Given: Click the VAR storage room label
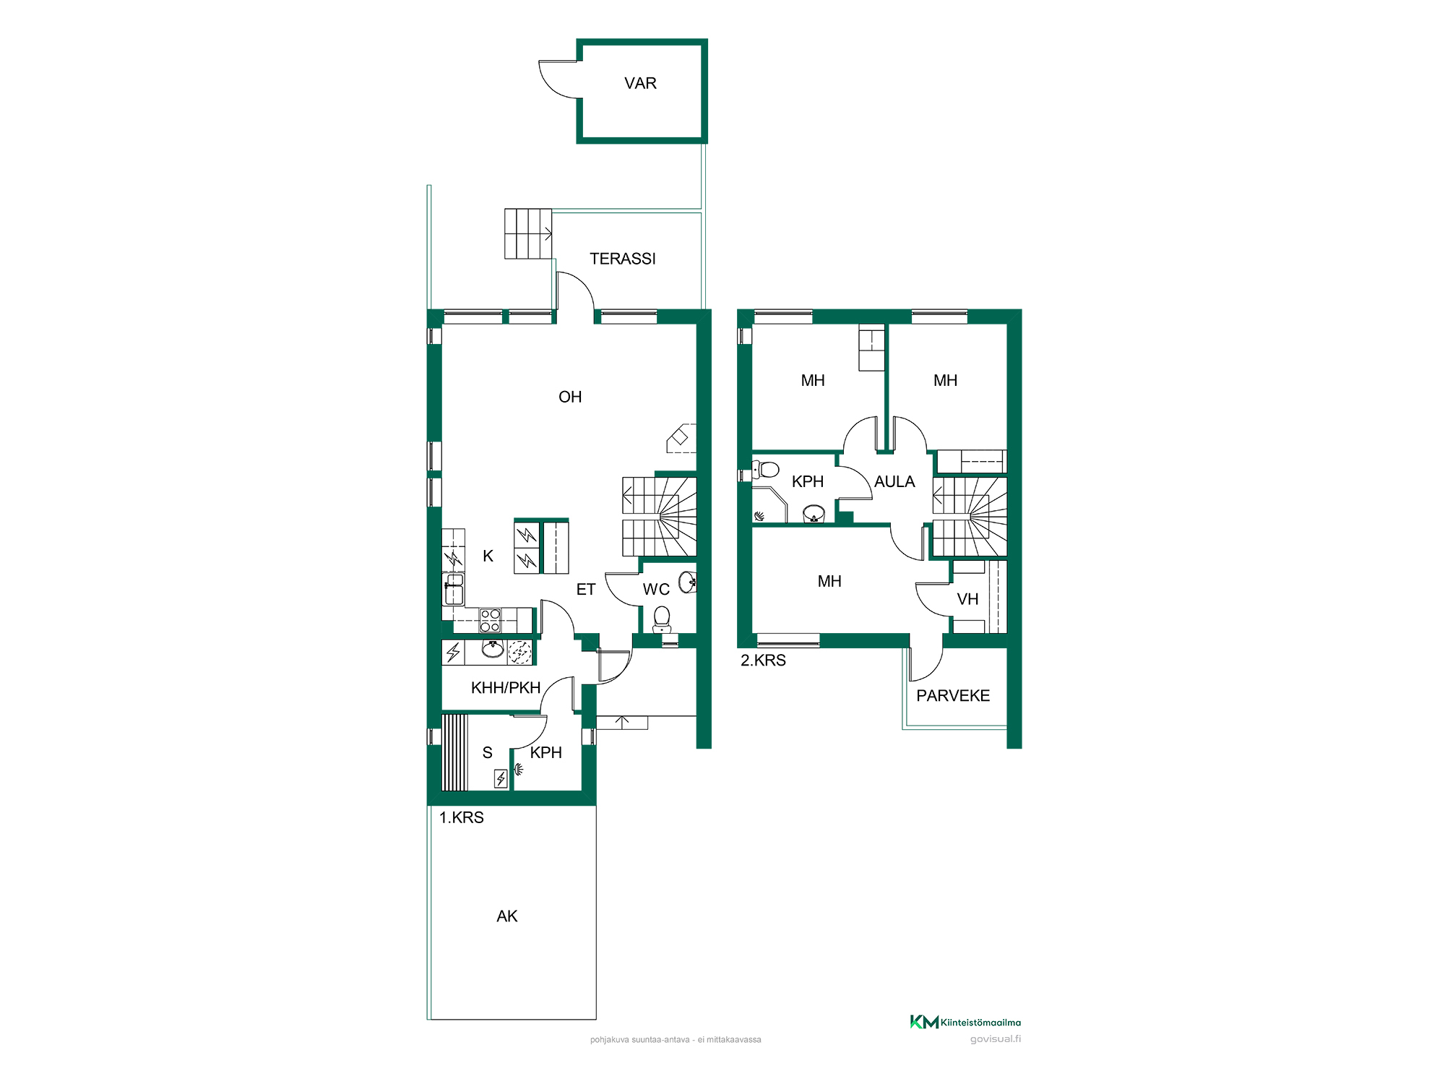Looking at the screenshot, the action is click(640, 83).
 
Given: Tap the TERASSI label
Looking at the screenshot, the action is click(623, 259).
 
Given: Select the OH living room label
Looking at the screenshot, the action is click(570, 397).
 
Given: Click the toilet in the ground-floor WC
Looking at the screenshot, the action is click(662, 619).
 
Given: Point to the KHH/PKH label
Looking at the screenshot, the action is click(506, 688).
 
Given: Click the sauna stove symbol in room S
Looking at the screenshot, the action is click(501, 778).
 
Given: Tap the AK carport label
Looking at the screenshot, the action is click(507, 916).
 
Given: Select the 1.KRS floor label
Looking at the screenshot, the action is click(462, 817).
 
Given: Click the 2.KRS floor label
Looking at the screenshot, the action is click(763, 660).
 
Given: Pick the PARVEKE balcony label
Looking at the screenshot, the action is click(953, 696).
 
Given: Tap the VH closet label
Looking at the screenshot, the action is click(967, 599).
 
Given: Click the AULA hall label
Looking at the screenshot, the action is click(894, 482).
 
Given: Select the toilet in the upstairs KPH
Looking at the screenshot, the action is click(766, 470).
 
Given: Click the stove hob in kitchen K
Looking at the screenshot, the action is click(491, 621).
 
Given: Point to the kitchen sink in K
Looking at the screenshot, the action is click(454, 589).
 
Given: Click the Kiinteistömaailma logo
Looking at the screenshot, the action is click(965, 1022).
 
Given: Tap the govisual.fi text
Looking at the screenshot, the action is click(996, 1039).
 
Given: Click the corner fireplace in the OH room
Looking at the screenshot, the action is click(681, 438).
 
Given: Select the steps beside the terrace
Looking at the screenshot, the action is click(528, 233).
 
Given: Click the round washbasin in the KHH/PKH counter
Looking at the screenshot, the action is click(493, 649).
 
